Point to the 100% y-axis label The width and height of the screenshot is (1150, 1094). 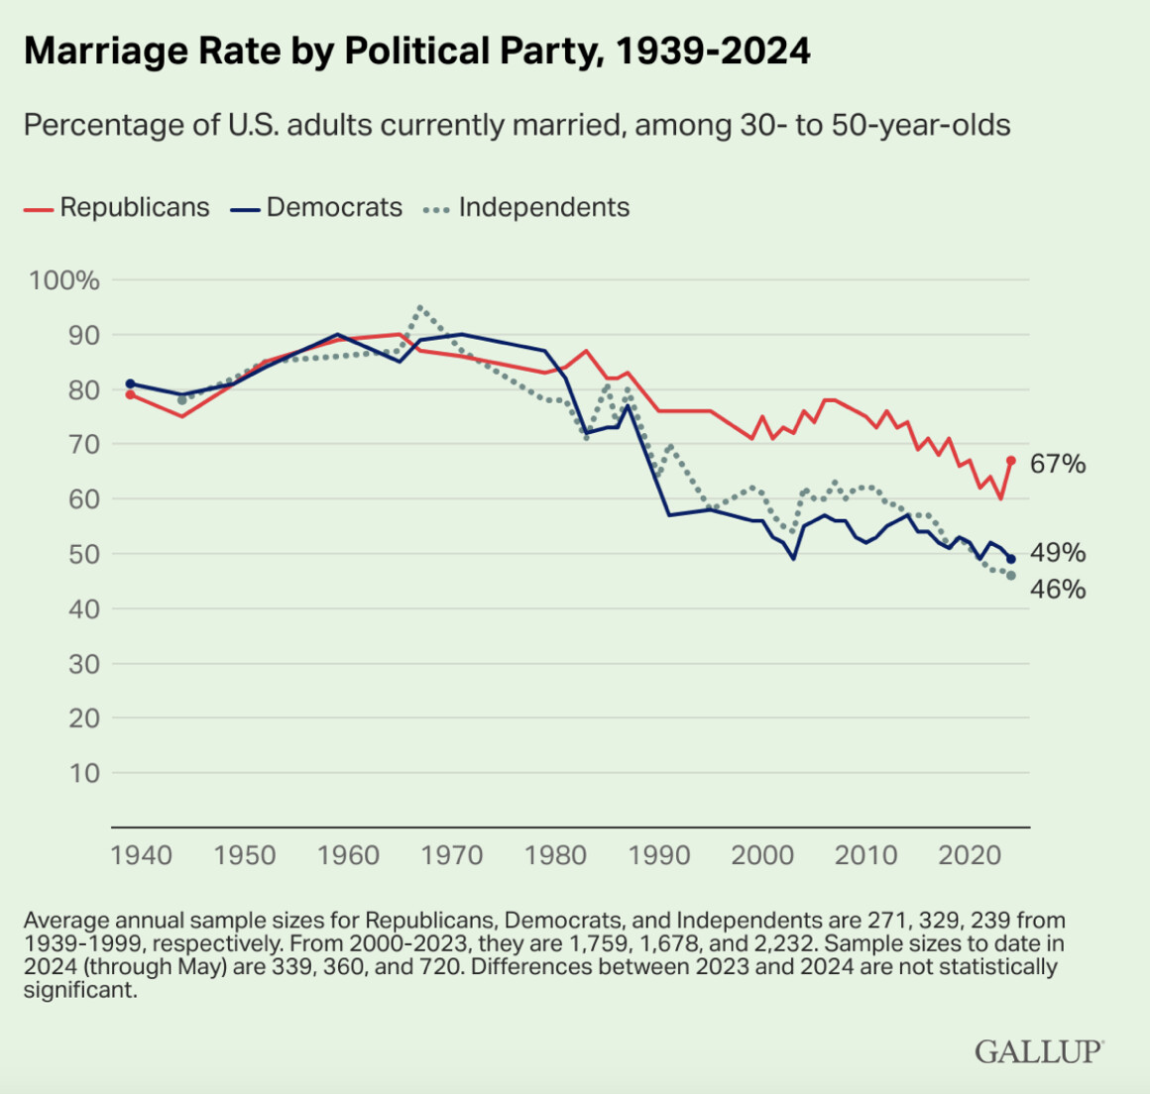pyautogui.click(x=65, y=280)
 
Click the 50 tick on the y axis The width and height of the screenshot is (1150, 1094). pyautogui.click(x=84, y=554)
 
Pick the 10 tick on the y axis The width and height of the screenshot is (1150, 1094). pyautogui.click(x=84, y=773)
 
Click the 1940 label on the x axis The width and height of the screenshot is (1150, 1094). pyautogui.click(x=142, y=854)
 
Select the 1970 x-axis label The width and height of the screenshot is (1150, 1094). pyautogui.click(x=452, y=854)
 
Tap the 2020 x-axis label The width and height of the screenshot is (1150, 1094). pyautogui.click(x=969, y=854)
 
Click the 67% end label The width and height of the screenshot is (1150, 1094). pyautogui.click(x=1058, y=464)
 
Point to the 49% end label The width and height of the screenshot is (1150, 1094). pyautogui.click(x=1058, y=553)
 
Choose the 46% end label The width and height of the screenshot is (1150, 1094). pyautogui.click(x=1058, y=590)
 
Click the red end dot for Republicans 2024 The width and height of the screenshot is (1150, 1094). pyautogui.click(x=1011, y=460)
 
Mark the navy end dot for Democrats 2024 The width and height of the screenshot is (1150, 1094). pyautogui.click(x=1011, y=559)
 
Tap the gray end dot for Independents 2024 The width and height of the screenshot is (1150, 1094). pyautogui.click(x=1011, y=576)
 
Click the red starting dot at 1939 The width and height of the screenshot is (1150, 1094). pyautogui.click(x=130, y=394)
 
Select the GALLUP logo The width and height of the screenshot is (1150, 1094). pyautogui.click(x=1039, y=1050)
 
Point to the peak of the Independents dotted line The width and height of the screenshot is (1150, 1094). pyautogui.click(x=420, y=307)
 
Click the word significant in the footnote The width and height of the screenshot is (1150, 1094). pyautogui.click(x=78, y=989)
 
